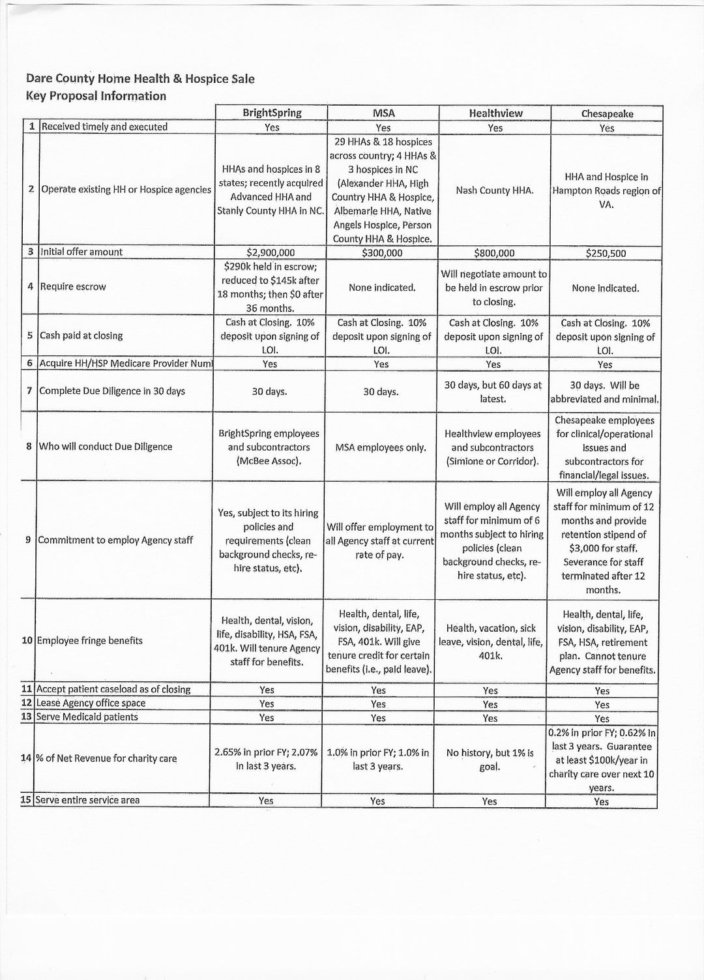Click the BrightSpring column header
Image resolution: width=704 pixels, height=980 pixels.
272,113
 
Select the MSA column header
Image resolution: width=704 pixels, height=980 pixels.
383,113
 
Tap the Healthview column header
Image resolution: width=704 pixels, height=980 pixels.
495,113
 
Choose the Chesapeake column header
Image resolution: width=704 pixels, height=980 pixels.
607,114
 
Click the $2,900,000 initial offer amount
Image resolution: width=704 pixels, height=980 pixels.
271,253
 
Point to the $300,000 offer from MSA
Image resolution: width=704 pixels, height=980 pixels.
382,253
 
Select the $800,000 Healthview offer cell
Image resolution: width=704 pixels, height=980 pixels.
494,253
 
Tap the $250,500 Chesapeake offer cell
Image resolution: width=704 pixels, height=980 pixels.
606,254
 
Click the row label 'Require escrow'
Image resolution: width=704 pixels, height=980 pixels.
73,287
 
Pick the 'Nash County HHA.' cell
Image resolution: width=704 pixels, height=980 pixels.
495,190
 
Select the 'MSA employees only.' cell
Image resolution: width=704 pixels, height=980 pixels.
381,448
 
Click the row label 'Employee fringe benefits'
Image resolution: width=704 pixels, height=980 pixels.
89,641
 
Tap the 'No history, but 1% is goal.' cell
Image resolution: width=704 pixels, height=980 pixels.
490,760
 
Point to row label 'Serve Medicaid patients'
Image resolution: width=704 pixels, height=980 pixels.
87,717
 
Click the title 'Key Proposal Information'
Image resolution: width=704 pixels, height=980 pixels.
96,97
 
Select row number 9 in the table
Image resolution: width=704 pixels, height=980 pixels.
29,540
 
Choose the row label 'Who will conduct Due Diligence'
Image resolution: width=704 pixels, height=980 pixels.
106,447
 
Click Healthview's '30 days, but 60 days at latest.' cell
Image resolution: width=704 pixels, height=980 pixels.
493,392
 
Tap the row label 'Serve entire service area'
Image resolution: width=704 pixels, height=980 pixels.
88,800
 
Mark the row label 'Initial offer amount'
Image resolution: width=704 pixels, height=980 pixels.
81,252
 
